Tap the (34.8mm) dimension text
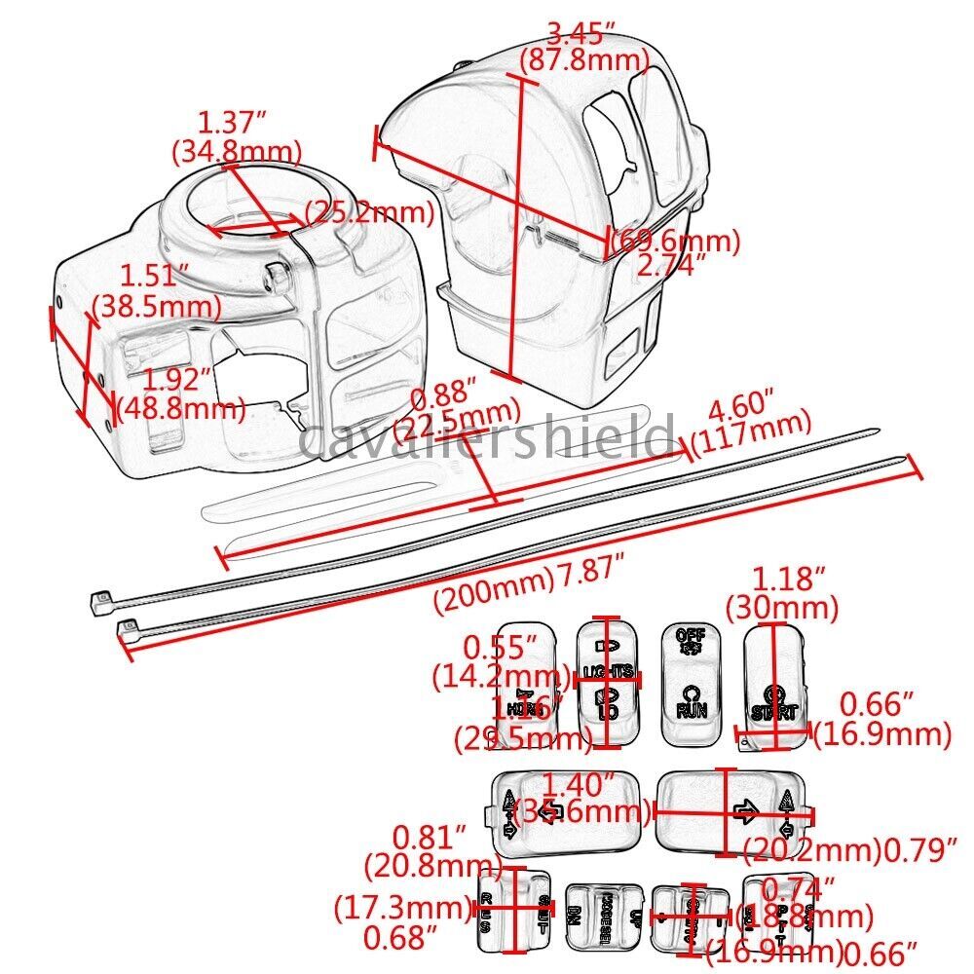237,151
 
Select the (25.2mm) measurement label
370,211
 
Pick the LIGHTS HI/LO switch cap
608,681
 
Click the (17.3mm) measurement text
402,909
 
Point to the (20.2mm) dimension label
811,850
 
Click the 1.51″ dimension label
147,278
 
